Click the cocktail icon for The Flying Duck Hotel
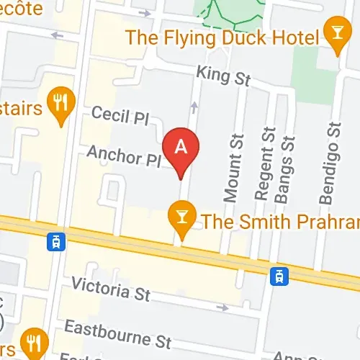click(335, 34)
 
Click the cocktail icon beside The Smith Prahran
click(181, 218)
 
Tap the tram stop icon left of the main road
click(54, 241)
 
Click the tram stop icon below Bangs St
click(279, 275)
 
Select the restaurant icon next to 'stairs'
click(58, 104)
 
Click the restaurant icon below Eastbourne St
click(33, 339)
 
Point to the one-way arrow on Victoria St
click(222, 307)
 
